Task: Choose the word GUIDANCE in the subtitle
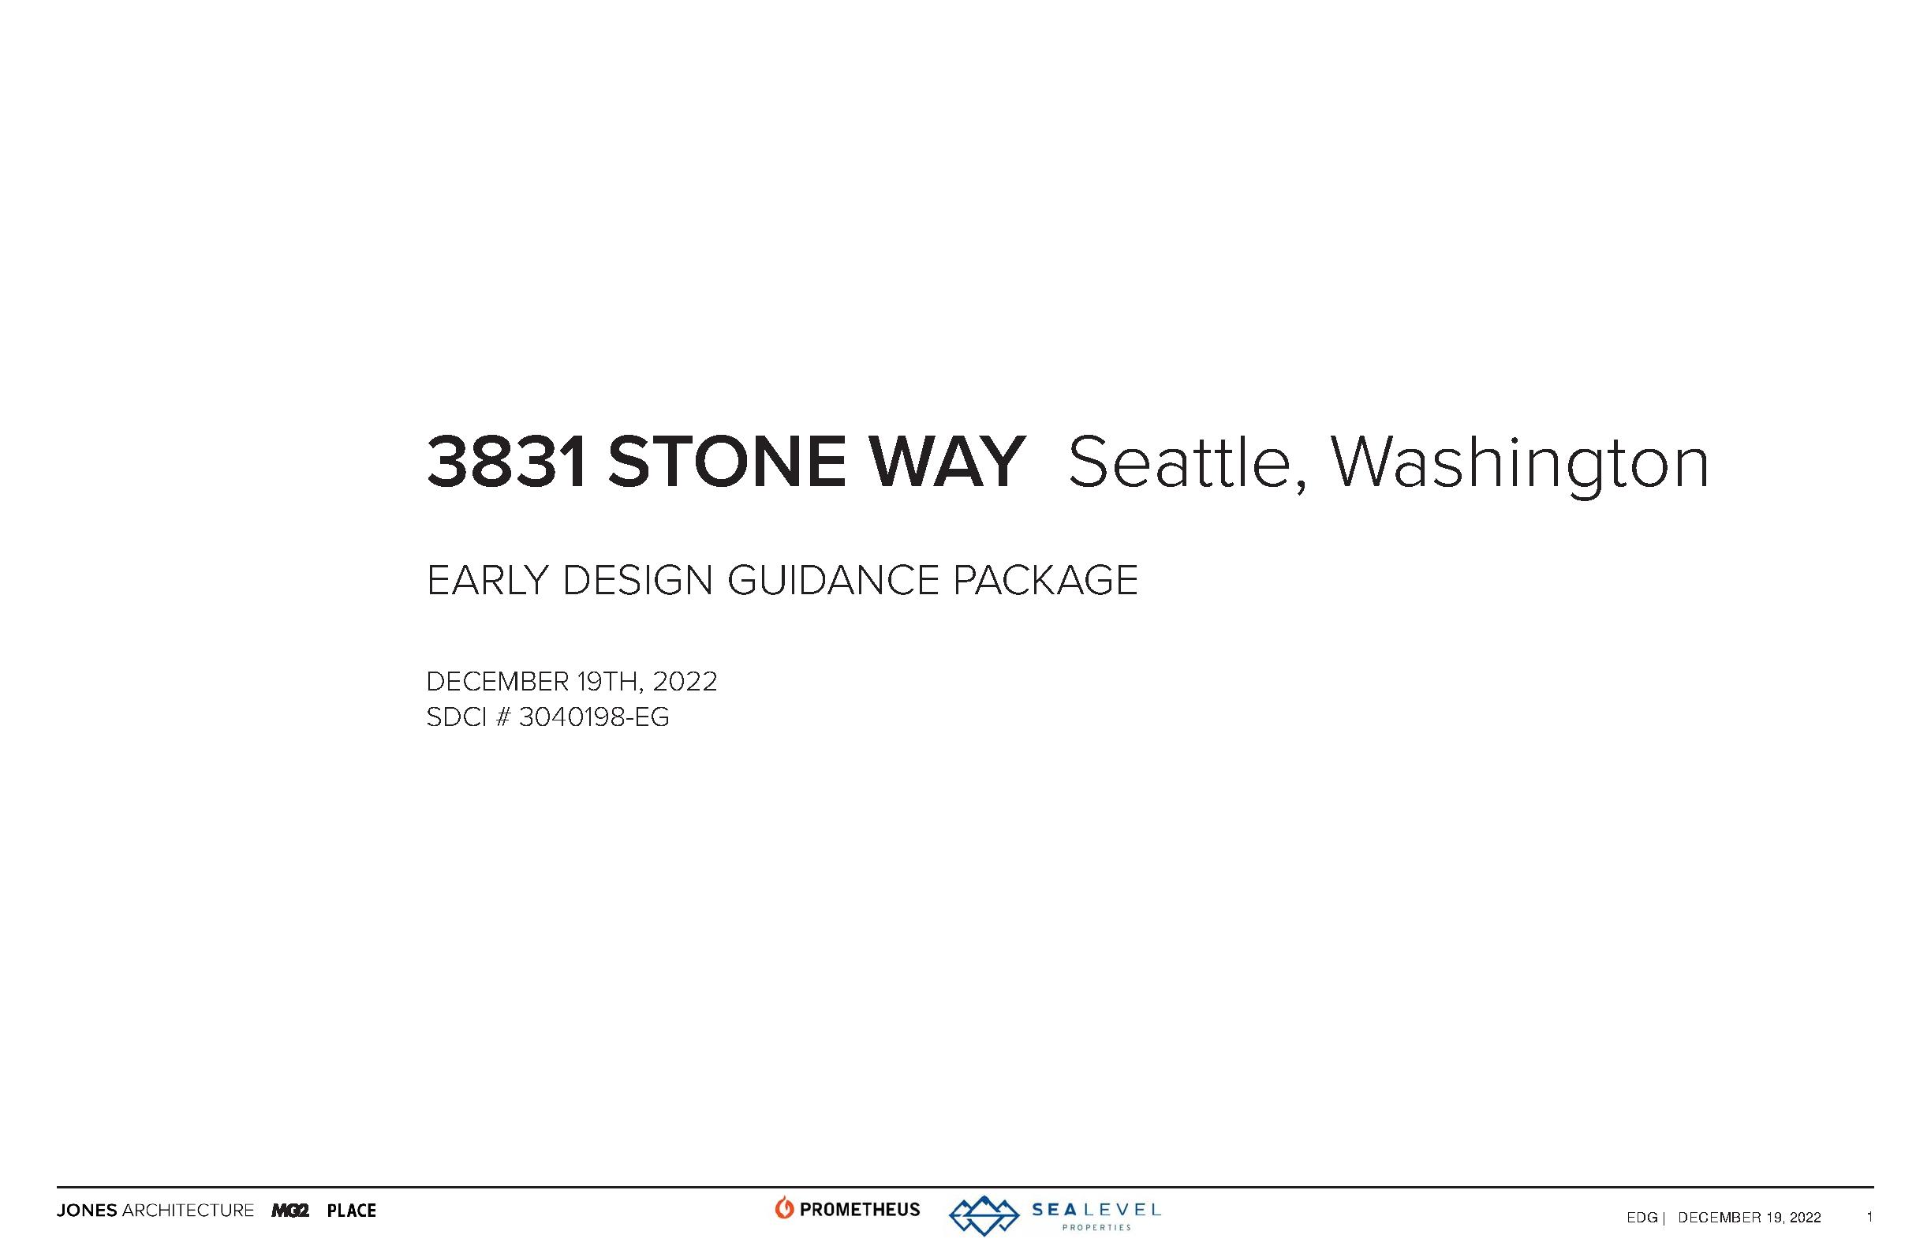(x=832, y=580)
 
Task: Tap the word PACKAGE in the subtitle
(x=1045, y=580)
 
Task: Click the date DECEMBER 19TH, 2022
(x=572, y=682)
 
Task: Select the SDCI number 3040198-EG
(x=594, y=717)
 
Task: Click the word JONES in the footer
(x=87, y=1211)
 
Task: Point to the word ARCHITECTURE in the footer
(x=189, y=1211)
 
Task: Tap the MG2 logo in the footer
(x=290, y=1211)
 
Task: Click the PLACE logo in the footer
(x=351, y=1211)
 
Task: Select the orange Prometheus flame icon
(x=784, y=1208)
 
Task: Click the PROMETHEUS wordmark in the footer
(x=860, y=1210)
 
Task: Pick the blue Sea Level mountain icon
(x=984, y=1215)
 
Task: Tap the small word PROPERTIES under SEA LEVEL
(x=1096, y=1227)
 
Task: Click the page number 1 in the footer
(x=1869, y=1217)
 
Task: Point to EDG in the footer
(x=1642, y=1218)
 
